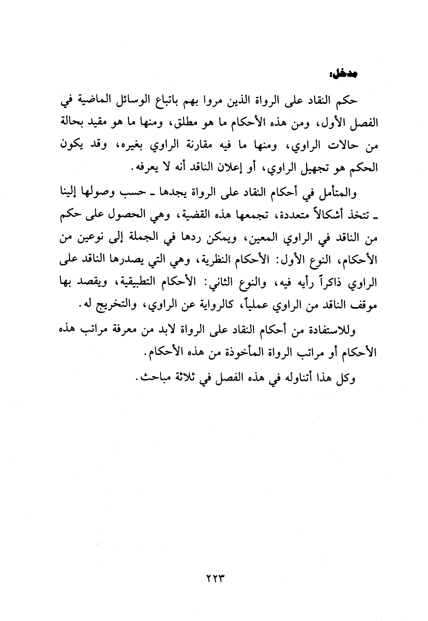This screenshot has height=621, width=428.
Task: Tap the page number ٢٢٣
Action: point(213,578)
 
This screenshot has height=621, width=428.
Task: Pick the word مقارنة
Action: point(196,145)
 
